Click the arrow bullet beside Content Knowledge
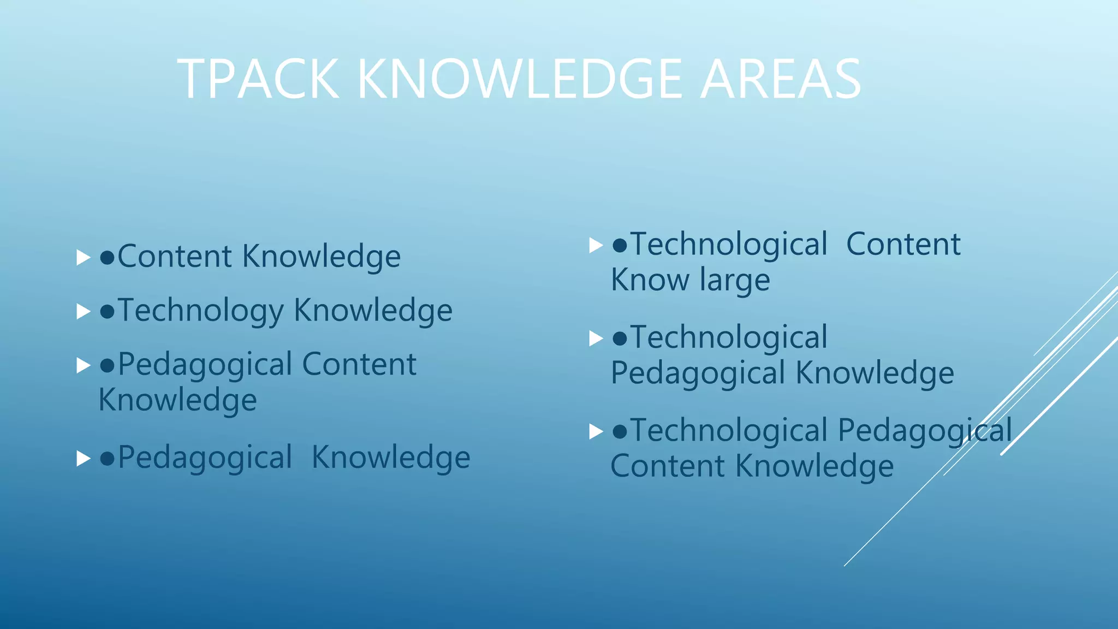coord(83,257)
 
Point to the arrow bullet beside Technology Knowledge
coord(83,311)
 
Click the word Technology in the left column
coord(200,311)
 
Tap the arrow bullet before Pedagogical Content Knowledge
coord(83,365)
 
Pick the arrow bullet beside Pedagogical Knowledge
coord(83,458)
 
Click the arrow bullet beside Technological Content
coord(596,245)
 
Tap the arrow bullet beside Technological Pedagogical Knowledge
coord(596,339)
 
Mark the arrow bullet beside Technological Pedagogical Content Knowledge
coord(596,432)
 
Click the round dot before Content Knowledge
coord(107,257)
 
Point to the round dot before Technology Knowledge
coord(107,311)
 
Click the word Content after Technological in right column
coord(903,244)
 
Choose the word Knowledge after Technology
coord(373,311)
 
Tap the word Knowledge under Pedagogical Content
coord(177,400)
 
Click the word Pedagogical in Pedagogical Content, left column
coord(205,365)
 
